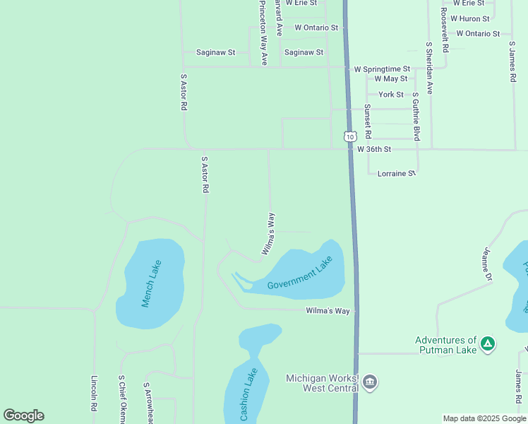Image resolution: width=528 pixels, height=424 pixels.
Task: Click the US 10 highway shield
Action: (x=349, y=135)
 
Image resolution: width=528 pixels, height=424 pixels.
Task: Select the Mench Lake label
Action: (x=152, y=283)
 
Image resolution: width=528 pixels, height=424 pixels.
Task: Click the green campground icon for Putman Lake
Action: (x=487, y=344)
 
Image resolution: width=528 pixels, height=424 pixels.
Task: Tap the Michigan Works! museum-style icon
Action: (x=369, y=383)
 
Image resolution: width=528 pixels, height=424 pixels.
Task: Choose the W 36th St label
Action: (x=373, y=150)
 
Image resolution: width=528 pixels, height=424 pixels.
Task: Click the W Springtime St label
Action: (x=382, y=69)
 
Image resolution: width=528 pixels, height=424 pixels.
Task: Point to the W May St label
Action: (x=391, y=79)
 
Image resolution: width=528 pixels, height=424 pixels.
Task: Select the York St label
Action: (x=391, y=95)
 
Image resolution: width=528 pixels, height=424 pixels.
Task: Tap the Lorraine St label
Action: (x=397, y=173)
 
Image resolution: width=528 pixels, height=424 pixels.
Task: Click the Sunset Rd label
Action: (x=368, y=122)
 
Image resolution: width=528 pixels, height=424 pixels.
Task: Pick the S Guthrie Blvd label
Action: (x=416, y=116)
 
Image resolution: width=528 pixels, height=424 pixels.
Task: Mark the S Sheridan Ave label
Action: (x=428, y=68)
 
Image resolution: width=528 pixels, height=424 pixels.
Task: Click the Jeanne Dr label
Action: (x=486, y=264)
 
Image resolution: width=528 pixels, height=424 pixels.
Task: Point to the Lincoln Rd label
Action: (x=94, y=394)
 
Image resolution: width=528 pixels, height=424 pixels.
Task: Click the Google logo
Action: (x=23, y=416)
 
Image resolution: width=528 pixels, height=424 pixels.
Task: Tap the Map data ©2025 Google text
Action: (x=484, y=418)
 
